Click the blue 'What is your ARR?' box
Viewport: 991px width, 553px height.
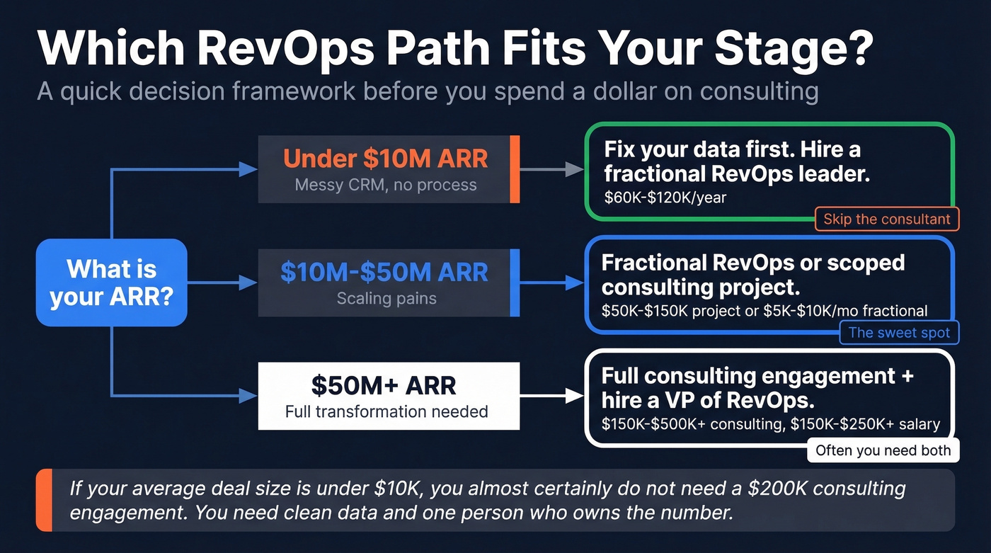pos(111,283)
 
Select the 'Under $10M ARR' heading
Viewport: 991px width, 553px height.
pos(386,158)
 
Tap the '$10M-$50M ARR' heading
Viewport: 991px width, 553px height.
pos(384,272)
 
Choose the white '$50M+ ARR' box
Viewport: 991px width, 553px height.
pos(389,396)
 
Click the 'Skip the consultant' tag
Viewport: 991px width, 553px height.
pos(887,219)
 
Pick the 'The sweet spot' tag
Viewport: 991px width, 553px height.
pos(899,333)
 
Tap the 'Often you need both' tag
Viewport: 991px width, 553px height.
pos(883,450)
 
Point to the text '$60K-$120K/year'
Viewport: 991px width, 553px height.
pos(665,198)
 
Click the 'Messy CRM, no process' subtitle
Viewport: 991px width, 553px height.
pos(386,185)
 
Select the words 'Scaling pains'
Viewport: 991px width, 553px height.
pos(386,298)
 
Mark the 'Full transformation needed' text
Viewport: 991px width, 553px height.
pos(386,411)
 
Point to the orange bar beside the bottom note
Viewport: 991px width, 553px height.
pos(44,500)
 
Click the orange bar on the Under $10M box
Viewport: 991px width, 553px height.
pos(515,169)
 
